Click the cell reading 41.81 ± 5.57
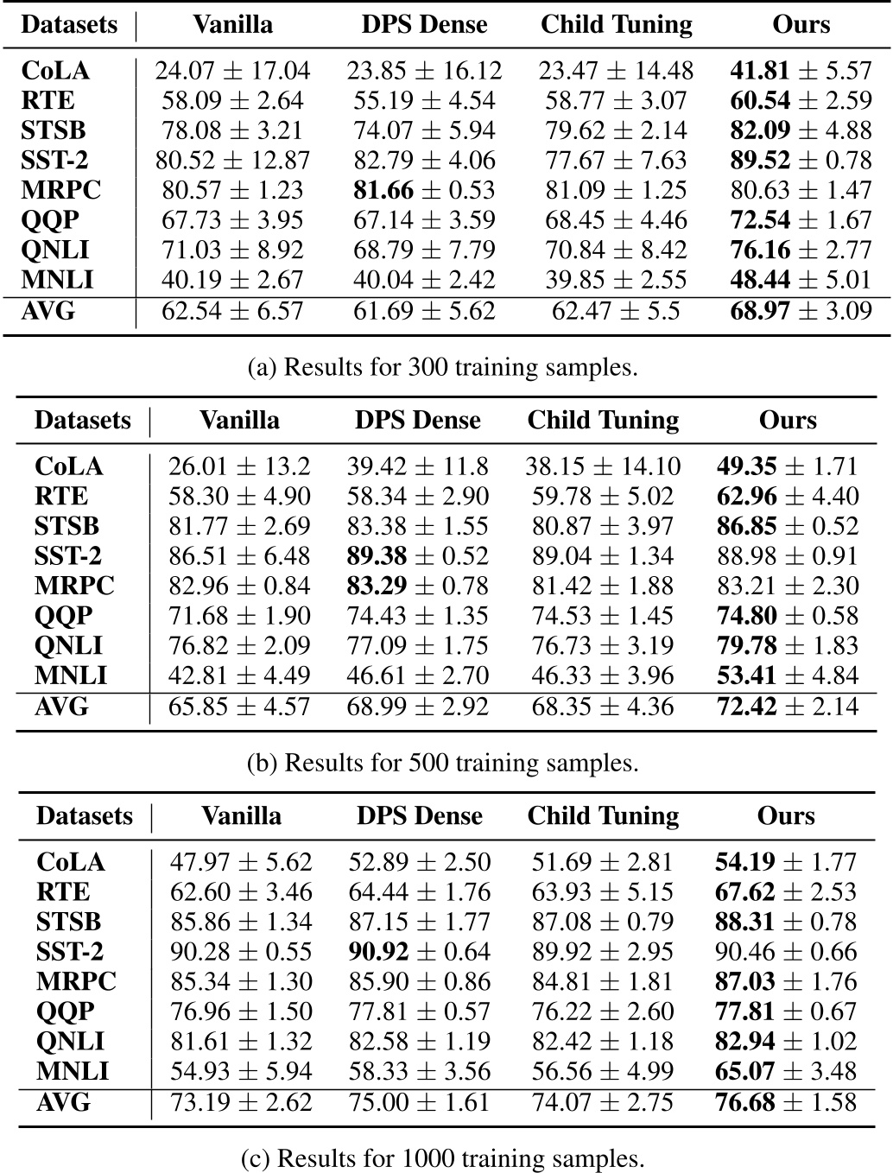pos(801,71)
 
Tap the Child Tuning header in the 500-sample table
pos(603,421)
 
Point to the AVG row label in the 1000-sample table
pos(63,1102)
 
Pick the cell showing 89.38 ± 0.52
pos(418,556)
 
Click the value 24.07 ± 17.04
pos(232,71)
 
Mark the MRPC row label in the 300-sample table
pos(60,190)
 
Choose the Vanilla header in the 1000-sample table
pos(241,816)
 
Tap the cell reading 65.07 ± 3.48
pos(786,1072)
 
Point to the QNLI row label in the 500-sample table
pos(68,646)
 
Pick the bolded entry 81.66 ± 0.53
pos(421,190)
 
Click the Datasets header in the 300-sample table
pos(69,24)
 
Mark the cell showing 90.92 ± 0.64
pos(420,952)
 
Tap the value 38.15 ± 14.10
pos(603,467)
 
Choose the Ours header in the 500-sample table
pos(788,421)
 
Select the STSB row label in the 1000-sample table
pos(68,922)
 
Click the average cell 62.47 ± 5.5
pos(615,310)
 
